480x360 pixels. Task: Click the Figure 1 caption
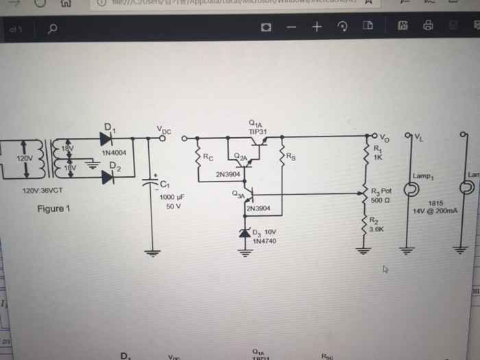click(x=53, y=208)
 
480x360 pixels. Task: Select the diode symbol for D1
click(x=106, y=139)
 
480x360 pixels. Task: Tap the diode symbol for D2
click(x=107, y=178)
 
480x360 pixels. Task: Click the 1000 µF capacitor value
click(x=172, y=197)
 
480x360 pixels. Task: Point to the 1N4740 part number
click(x=264, y=241)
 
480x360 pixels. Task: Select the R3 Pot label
click(x=381, y=192)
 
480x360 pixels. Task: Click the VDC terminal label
click(x=165, y=129)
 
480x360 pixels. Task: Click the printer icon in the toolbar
click(x=428, y=28)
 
